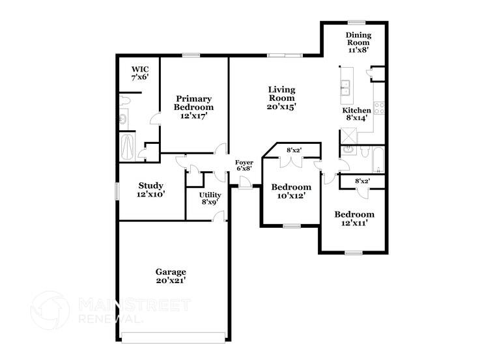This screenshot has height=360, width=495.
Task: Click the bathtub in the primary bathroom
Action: click(126, 147)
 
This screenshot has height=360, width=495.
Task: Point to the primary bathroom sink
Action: click(123, 119)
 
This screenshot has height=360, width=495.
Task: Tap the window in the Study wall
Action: click(117, 191)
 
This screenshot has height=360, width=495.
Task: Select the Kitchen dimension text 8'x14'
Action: click(357, 119)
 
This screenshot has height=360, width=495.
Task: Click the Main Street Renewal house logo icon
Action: click(51, 310)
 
